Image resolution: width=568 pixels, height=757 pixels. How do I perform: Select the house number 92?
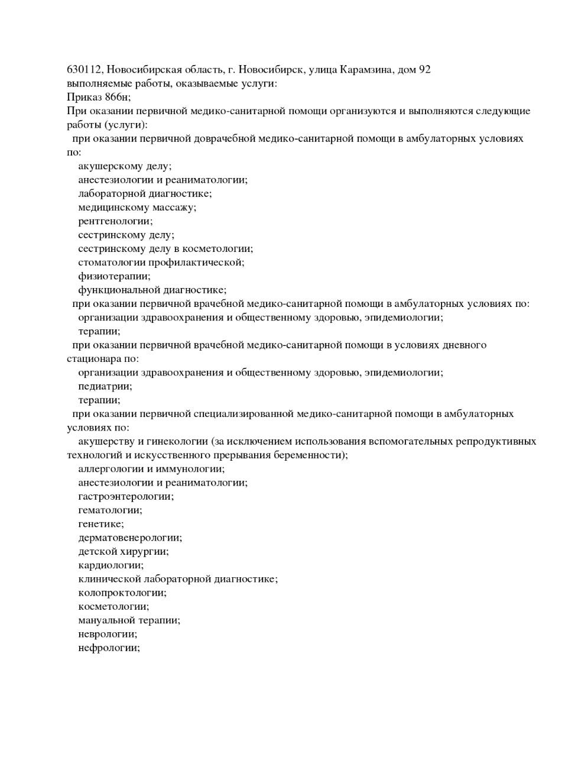tap(424, 70)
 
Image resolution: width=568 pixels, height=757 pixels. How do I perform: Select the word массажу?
tap(174, 207)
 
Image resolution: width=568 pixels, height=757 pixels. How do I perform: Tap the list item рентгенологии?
tap(115, 221)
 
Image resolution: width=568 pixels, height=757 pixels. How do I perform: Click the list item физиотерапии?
tap(114, 276)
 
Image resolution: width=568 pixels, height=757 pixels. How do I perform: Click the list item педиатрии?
tap(105, 386)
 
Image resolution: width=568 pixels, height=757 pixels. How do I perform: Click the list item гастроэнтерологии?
tap(126, 496)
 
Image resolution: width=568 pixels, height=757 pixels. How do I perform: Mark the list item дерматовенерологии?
tap(130, 538)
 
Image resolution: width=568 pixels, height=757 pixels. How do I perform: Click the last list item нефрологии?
tap(109, 648)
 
